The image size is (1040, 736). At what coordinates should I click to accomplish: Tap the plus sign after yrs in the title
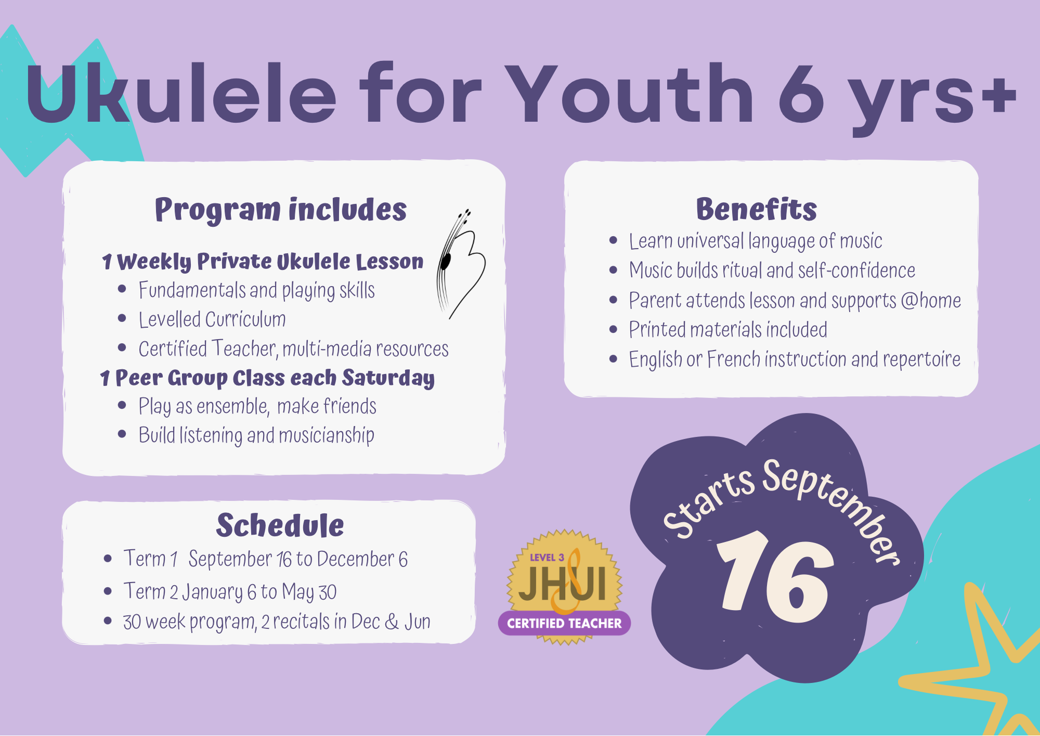click(997, 95)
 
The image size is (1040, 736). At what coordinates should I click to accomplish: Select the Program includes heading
click(281, 210)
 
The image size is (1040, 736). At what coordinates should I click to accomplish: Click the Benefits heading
click(757, 209)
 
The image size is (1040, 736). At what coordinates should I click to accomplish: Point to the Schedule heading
click(280, 525)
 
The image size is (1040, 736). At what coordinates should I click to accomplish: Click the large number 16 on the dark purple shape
click(775, 577)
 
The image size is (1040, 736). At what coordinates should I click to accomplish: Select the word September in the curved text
click(832, 510)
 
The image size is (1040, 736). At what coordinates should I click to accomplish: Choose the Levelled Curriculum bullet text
click(212, 319)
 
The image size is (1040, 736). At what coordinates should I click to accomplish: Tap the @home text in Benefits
click(931, 300)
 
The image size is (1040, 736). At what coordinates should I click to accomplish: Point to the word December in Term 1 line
click(356, 559)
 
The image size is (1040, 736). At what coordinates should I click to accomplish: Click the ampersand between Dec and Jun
click(392, 622)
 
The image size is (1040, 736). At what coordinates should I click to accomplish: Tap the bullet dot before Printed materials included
click(614, 329)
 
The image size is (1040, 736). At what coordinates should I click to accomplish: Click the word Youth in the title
click(630, 94)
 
